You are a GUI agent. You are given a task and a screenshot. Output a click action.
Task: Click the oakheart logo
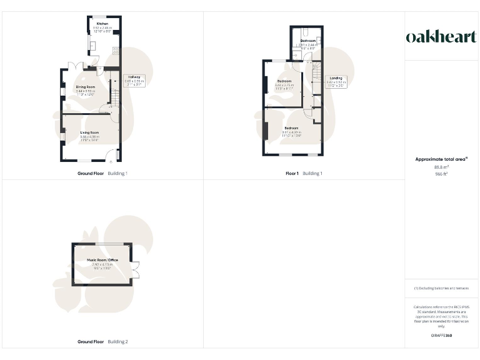pyautogui.click(x=441, y=37)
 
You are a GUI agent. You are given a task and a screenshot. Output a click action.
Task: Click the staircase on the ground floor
pyautogui.click(x=114, y=91)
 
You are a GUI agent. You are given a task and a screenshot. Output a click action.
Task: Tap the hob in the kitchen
pyautogui.click(x=116, y=52)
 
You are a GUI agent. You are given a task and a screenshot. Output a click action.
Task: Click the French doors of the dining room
pyautogui.click(x=76, y=65)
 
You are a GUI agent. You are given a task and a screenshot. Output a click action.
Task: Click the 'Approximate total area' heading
pyautogui.click(x=441, y=159)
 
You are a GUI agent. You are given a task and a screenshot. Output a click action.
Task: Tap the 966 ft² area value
pyautogui.click(x=441, y=174)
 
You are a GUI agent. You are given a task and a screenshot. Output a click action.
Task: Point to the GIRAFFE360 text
pyautogui.click(x=441, y=336)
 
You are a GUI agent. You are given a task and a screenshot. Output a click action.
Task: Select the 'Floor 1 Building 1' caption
pyautogui.click(x=304, y=173)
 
